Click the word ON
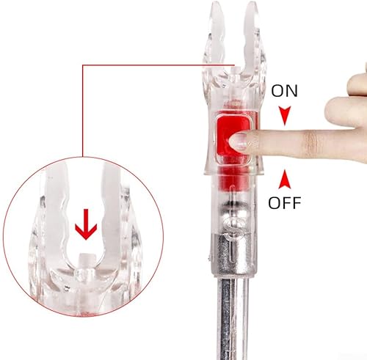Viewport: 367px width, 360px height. [x=284, y=91]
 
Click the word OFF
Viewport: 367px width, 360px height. [x=285, y=203]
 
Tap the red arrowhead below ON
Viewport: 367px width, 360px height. [x=285, y=116]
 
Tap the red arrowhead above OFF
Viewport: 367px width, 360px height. [x=285, y=179]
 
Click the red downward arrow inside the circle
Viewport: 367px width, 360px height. [x=86, y=224]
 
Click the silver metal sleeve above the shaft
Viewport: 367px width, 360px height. [x=233, y=254]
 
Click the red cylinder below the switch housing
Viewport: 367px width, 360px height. [x=234, y=180]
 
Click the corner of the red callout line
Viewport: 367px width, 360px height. [x=83, y=65]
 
